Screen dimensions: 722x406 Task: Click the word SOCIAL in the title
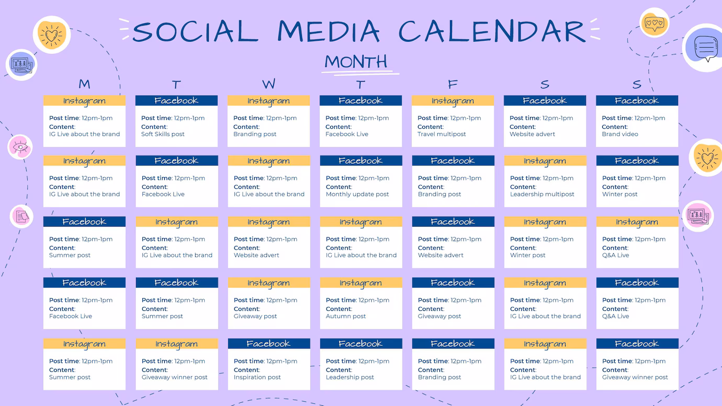195,31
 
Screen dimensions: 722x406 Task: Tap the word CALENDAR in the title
492,31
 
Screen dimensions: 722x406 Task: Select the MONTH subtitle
356,61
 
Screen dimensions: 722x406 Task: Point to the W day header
268,84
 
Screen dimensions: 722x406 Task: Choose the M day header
84,84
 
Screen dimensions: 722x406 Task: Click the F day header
453,84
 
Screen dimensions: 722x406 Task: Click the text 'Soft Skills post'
163,134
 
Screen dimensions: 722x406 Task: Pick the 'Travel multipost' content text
442,134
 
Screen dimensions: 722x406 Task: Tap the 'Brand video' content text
620,134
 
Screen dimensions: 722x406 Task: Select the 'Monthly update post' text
357,194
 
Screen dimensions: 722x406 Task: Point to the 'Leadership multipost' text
542,194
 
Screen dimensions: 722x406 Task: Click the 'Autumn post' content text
345,316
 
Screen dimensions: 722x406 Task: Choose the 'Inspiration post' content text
257,377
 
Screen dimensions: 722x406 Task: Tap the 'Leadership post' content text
349,377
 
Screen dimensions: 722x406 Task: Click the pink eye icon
20,147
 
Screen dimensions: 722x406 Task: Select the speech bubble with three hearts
654,23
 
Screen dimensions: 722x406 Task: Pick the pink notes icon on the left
21,216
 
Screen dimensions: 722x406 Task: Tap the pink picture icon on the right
698,216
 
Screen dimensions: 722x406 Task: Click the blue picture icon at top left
21,65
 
